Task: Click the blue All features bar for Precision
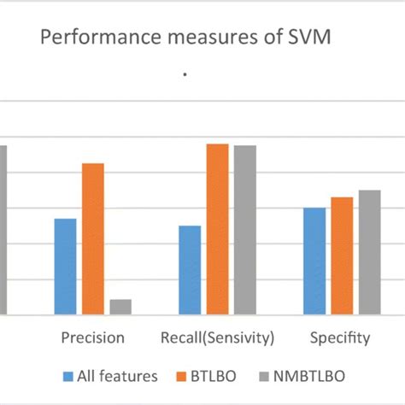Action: point(65,267)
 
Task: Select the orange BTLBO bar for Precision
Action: point(92,239)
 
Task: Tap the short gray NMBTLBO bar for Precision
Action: point(120,307)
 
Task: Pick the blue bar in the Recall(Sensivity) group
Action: point(190,270)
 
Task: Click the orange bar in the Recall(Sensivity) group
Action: point(217,229)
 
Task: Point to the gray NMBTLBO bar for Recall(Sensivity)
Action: point(245,230)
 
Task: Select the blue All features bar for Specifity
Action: point(314,261)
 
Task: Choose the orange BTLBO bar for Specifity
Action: point(342,256)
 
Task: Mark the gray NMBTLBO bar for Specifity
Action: point(369,253)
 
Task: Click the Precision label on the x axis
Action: point(92,338)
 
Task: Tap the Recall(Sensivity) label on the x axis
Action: point(217,338)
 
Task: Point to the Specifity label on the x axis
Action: point(340,338)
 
